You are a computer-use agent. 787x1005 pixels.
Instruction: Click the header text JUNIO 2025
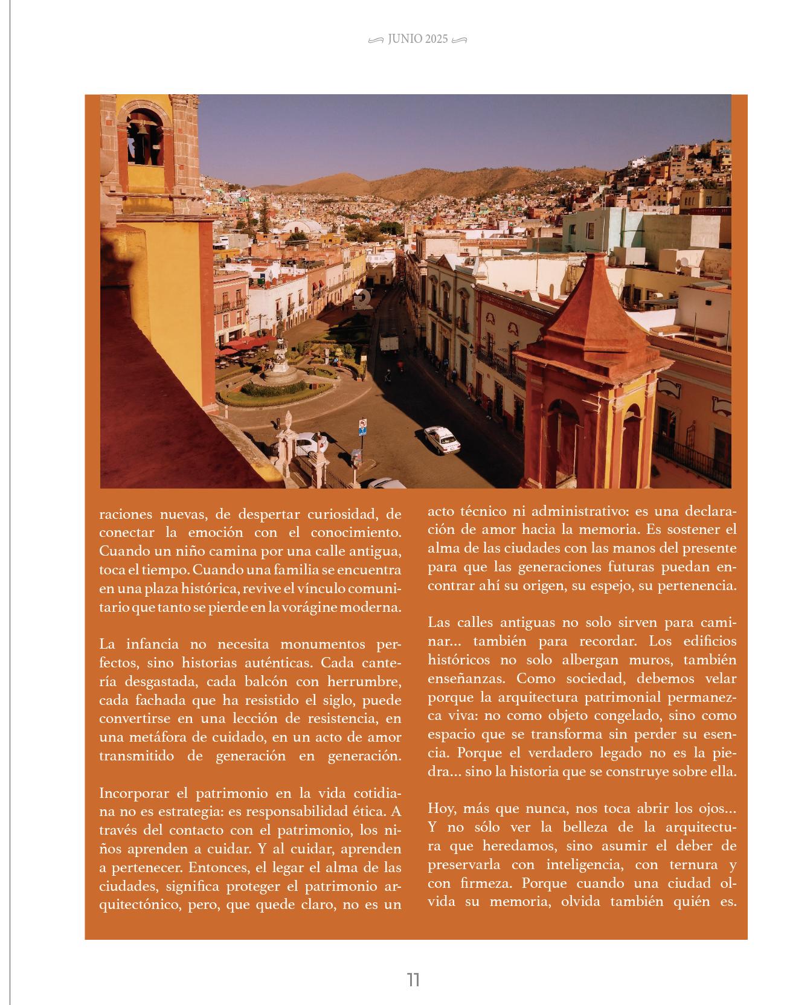click(418, 39)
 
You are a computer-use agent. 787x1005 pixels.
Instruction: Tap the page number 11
click(413, 979)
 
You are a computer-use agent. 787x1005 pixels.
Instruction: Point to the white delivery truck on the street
click(389, 344)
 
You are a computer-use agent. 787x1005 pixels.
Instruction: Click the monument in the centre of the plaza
click(279, 359)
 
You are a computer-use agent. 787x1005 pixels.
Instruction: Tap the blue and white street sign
click(362, 427)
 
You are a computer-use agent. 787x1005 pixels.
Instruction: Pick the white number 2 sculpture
click(361, 300)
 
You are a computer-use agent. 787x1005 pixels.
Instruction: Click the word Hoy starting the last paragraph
click(440, 808)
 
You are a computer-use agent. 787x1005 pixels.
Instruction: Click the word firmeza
click(484, 883)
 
